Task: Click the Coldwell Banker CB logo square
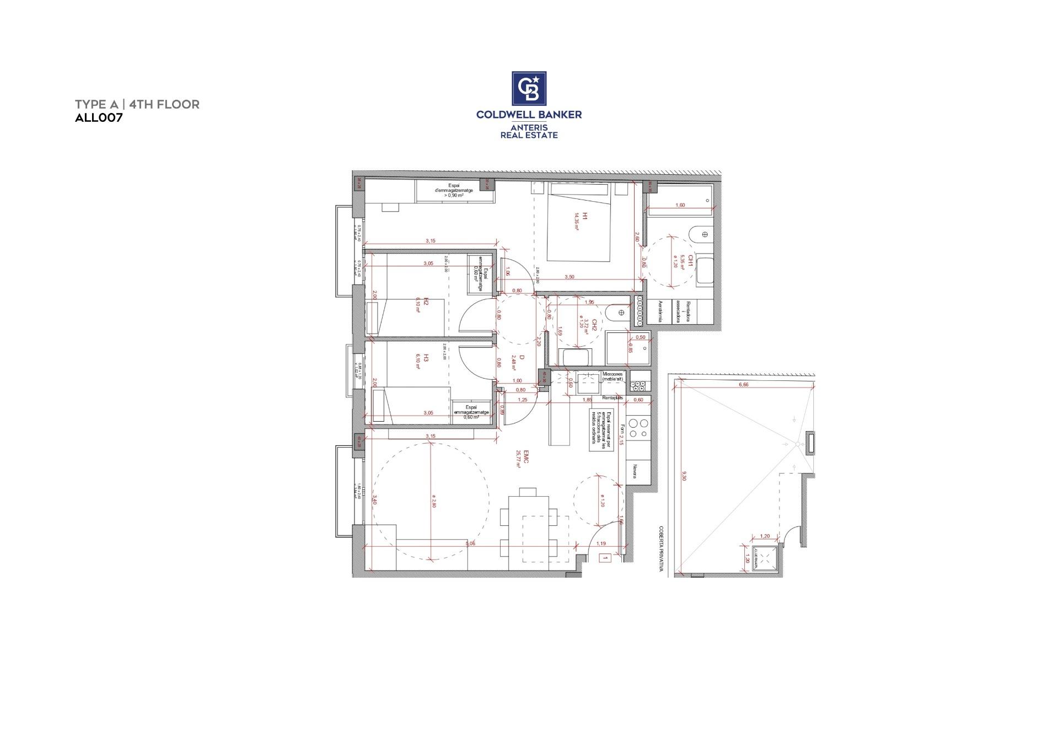point(529,88)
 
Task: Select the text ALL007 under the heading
point(98,117)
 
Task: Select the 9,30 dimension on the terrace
point(684,475)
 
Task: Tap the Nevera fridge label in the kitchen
point(635,471)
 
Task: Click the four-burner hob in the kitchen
point(638,428)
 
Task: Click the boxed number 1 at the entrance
point(605,558)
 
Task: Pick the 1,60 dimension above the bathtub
point(680,205)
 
